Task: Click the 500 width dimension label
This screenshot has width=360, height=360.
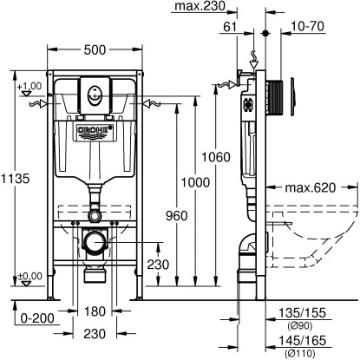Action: pyautogui.click(x=95, y=50)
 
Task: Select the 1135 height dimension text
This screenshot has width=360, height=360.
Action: pyautogui.click(x=15, y=179)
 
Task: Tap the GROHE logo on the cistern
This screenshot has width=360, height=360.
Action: pyautogui.click(x=95, y=129)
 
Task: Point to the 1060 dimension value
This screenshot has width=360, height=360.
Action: pyautogui.click(x=216, y=157)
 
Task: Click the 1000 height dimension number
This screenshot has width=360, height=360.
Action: pyautogui.click(x=195, y=182)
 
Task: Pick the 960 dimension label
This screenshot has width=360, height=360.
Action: pyautogui.click(x=176, y=216)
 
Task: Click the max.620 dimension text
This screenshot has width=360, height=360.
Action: pyautogui.click(x=311, y=188)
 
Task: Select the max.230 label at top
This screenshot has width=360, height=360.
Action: pyautogui.click(x=200, y=6)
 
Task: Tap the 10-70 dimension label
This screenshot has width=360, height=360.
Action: pyautogui.click(x=307, y=26)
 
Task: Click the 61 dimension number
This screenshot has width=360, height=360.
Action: pyautogui.click(x=230, y=27)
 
